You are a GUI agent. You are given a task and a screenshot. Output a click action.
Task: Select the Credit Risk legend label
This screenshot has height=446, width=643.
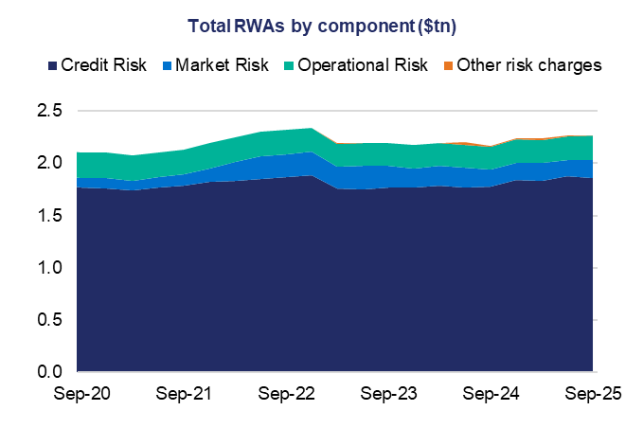click(x=103, y=66)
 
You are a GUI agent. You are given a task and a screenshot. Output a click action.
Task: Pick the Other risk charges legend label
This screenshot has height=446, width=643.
click(x=529, y=66)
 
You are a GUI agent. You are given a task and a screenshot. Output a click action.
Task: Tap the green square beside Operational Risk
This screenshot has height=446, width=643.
click(x=289, y=66)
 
